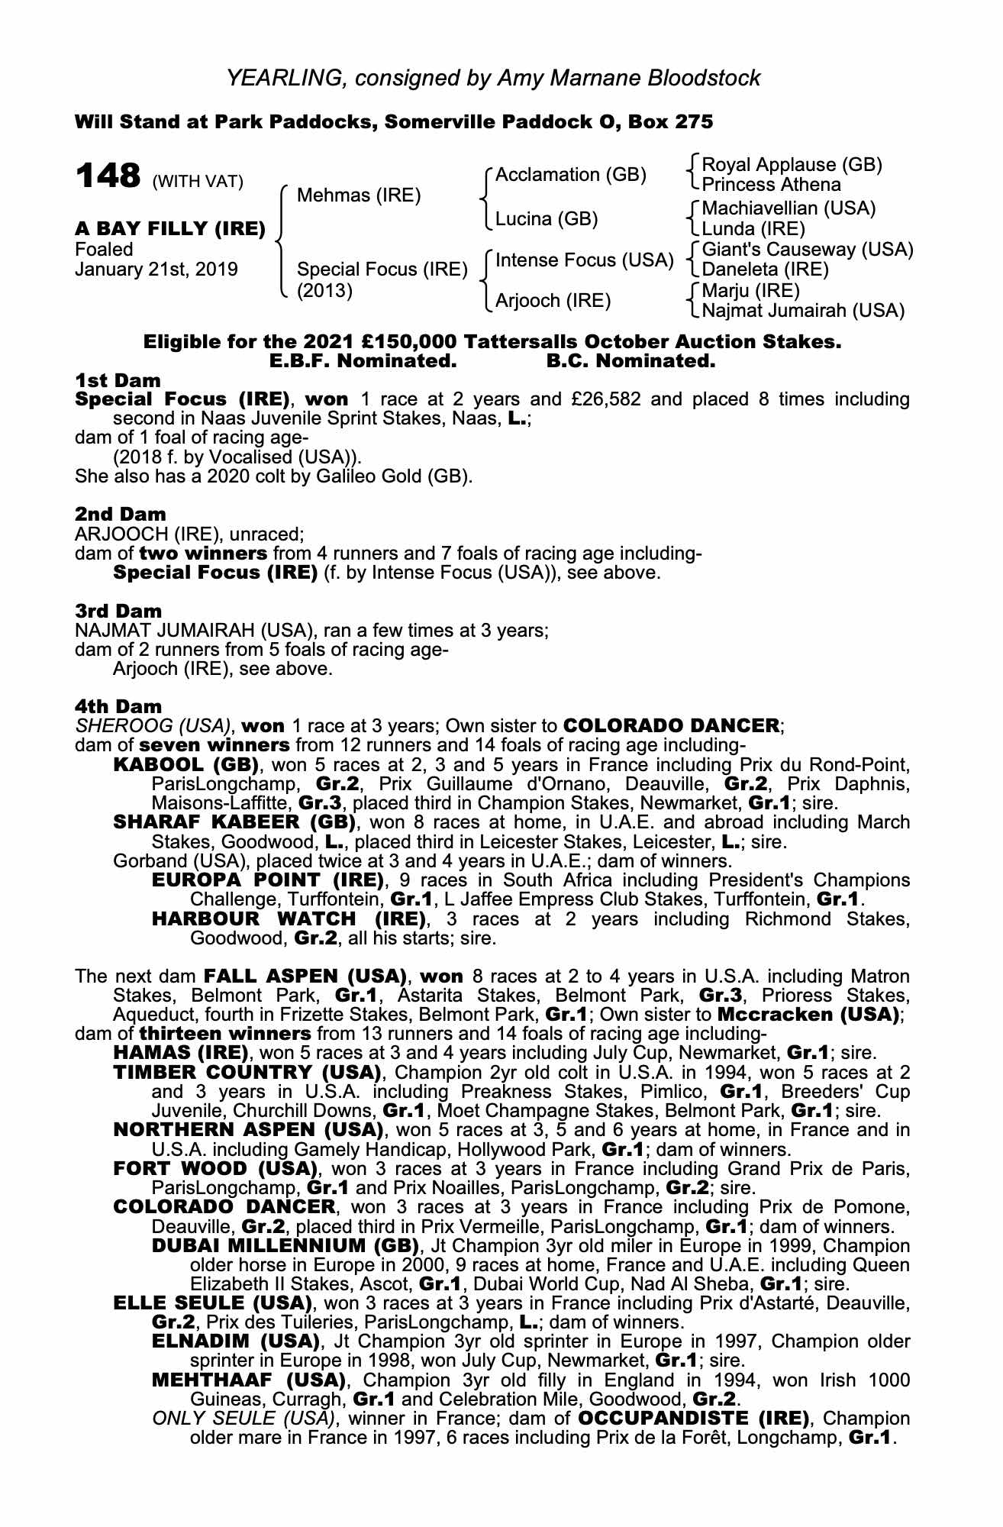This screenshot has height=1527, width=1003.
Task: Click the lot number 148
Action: click(108, 176)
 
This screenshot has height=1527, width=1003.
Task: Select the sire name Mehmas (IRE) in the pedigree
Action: click(358, 195)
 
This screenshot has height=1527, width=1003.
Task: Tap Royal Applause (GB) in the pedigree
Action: click(792, 165)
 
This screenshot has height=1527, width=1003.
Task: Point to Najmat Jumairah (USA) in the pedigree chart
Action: click(803, 311)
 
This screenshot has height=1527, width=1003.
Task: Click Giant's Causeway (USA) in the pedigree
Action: click(807, 250)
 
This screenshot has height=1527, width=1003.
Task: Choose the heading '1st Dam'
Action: click(118, 380)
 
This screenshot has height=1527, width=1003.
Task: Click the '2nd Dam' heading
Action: click(120, 514)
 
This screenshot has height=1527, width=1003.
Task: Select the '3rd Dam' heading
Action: click(119, 611)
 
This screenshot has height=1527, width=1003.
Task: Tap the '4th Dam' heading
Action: click(119, 707)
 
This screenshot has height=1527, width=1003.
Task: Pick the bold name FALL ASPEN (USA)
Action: click(304, 977)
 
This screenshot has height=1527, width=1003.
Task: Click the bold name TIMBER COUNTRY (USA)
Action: click(247, 1073)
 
